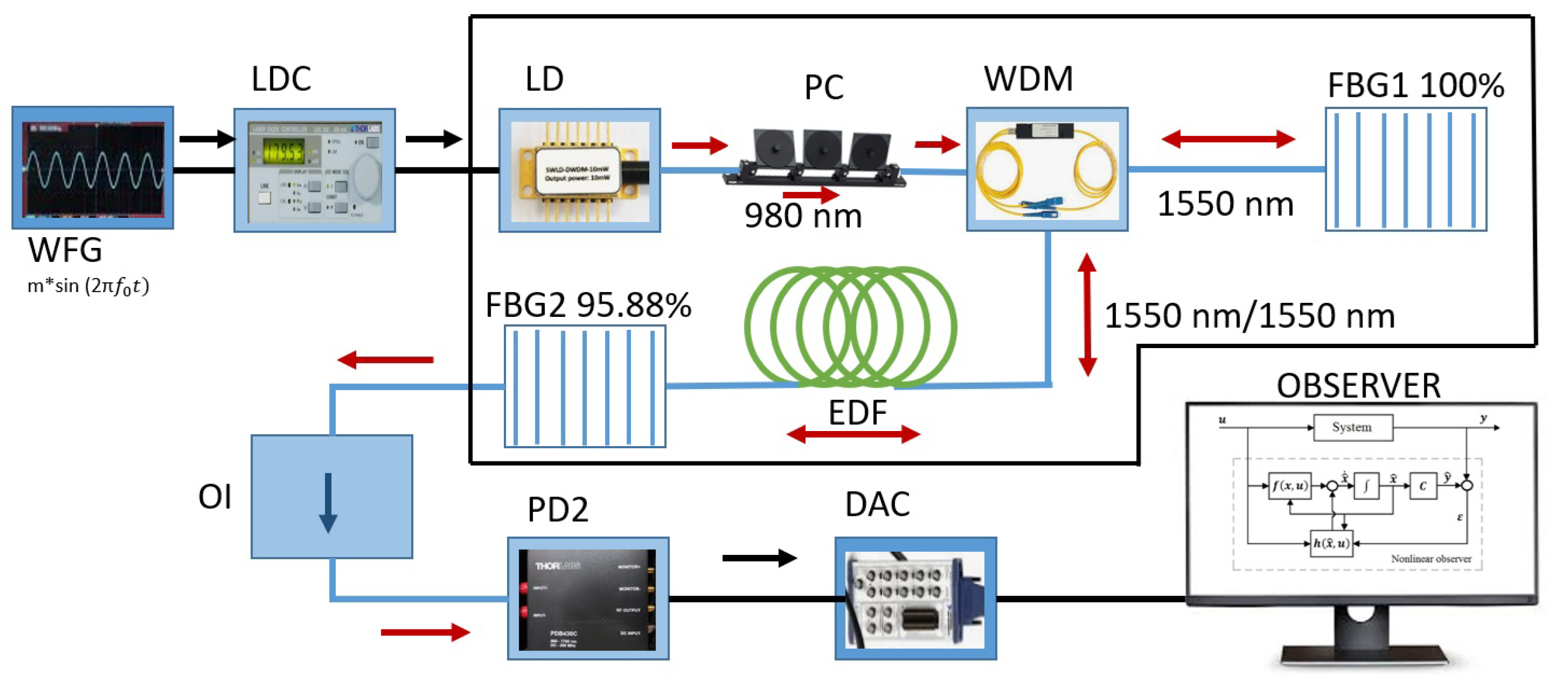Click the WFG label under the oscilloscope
click(x=65, y=250)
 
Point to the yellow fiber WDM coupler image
click(x=1047, y=171)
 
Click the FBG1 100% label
click(x=1415, y=85)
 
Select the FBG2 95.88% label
click(x=588, y=305)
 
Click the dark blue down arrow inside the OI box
click(x=328, y=503)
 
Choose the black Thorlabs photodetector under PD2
click(x=588, y=599)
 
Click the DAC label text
click(x=877, y=505)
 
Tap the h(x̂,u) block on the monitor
click(x=1331, y=543)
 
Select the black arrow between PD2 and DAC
click(x=759, y=558)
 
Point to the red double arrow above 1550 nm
click(x=1228, y=139)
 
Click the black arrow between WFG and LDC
click(x=206, y=139)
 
